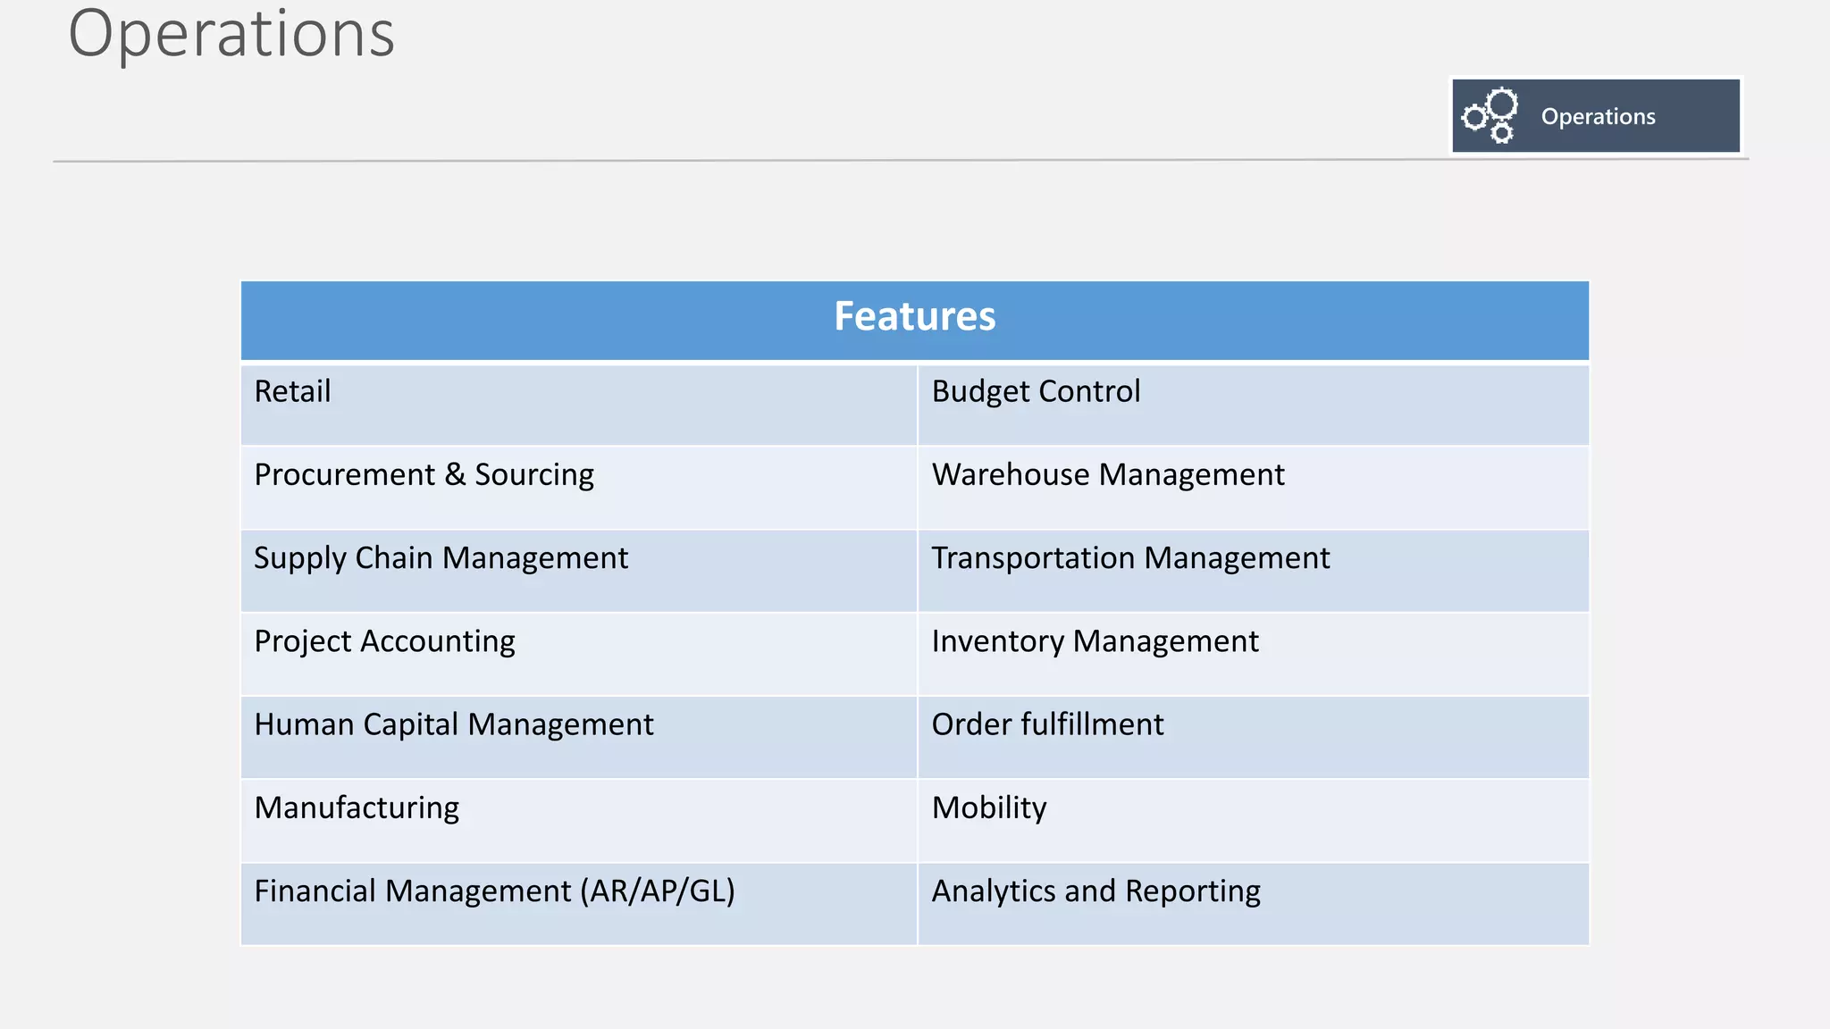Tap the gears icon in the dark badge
coord(1490,116)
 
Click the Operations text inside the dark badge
coord(1598,117)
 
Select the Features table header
coord(914,317)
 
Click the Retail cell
coord(292,392)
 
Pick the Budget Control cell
coord(1036,392)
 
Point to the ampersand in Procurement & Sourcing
coord(455,474)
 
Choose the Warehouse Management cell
coord(1108,475)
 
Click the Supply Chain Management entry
coord(441,559)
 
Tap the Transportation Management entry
coord(1130,558)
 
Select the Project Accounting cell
coord(384,642)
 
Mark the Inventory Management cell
coord(1095,641)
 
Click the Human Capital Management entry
coord(453,724)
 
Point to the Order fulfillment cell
coord(1047,724)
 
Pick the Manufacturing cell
coord(357,808)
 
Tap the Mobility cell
coord(989,808)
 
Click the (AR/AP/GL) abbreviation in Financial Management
coord(657,891)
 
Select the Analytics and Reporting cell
coord(1095,891)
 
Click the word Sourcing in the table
coord(534,475)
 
